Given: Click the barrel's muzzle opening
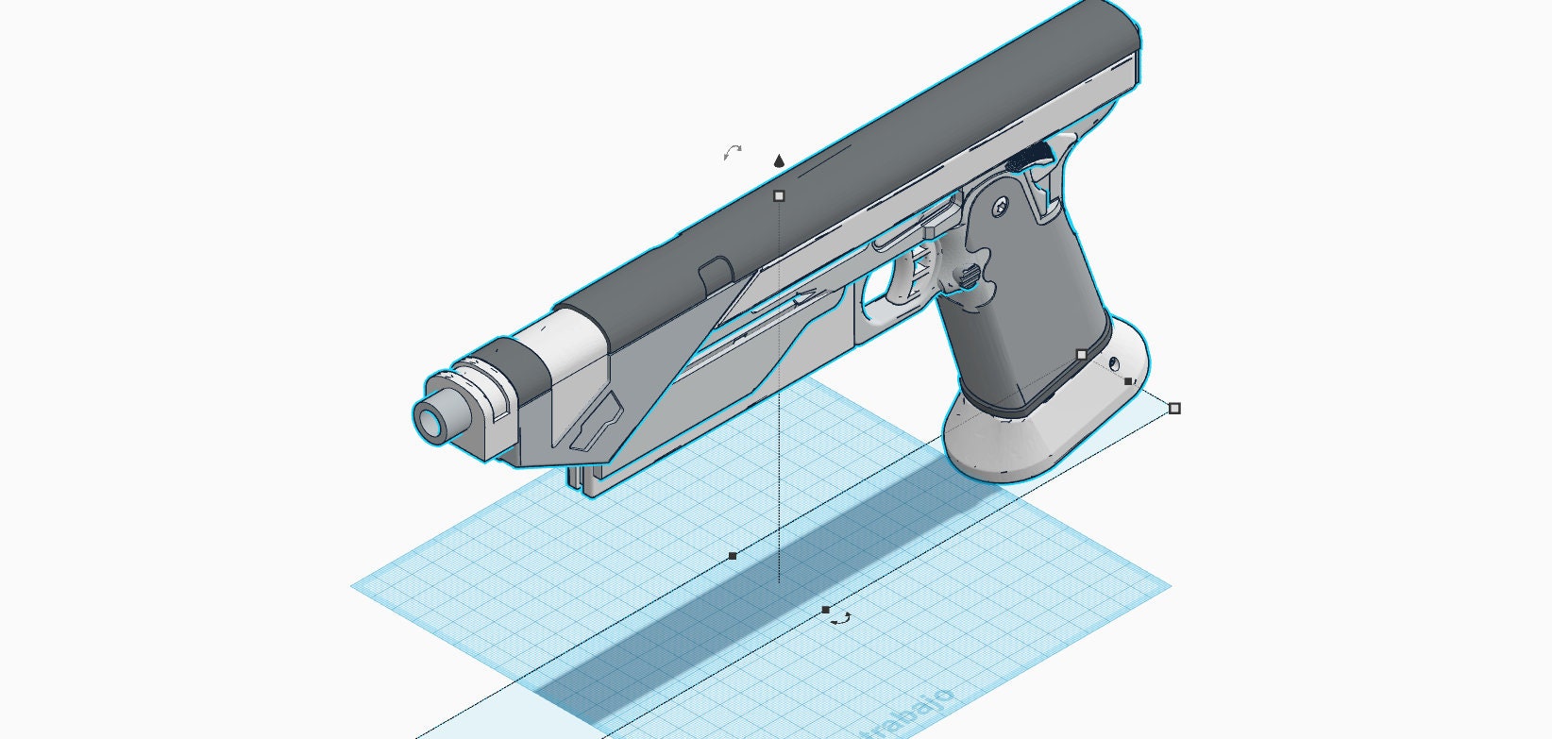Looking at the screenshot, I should [x=435, y=422].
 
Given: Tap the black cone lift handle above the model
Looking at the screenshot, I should [x=779, y=161].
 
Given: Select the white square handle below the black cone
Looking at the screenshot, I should [x=779, y=196].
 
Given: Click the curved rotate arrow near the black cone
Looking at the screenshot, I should [x=732, y=152].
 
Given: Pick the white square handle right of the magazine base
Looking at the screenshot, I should [x=1174, y=409].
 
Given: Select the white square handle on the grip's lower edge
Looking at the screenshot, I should [x=1082, y=355].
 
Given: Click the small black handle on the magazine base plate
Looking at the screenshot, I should [x=1129, y=381].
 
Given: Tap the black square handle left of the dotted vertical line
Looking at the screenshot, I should [x=733, y=556].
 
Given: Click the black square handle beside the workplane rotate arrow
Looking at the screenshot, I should [x=826, y=610].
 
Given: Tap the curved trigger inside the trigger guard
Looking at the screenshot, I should [x=913, y=274].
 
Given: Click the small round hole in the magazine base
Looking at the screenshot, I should [x=1115, y=362].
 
